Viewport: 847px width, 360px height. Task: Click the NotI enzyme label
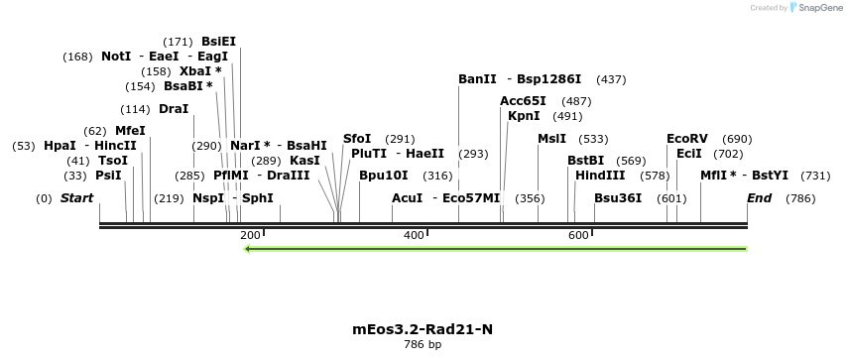pyautogui.click(x=116, y=57)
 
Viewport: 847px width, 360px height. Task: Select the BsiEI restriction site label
pyautogui.click(x=218, y=42)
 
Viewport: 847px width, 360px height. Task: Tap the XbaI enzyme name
pyautogui.click(x=195, y=71)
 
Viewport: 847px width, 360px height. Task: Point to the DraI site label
pyautogui.click(x=174, y=109)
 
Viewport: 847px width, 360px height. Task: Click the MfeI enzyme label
pyautogui.click(x=130, y=131)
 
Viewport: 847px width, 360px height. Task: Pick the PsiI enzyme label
pyautogui.click(x=108, y=176)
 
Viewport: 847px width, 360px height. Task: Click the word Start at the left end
pyautogui.click(x=76, y=198)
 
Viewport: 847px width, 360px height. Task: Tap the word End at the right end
pyautogui.click(x=759, y=198)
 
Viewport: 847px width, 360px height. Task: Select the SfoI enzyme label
pyautogui.click(x=357, y=139)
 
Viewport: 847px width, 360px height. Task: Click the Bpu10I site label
pyautogui.click(x=384, y=176)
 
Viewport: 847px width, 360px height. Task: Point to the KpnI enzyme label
pyautogui.click(x=524, y=116)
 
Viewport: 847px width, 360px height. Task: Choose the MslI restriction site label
pyautogui.click(x=551, y=139)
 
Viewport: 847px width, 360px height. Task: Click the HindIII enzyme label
pyautogui.click(x=600, y=176)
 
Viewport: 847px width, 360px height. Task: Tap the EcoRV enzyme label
pyautogui.click(x=687, y=139)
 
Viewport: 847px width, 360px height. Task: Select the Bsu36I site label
pyautogui.click(x=618, y=198)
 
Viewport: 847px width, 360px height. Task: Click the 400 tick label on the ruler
pyautogui.click(x=414, y=235)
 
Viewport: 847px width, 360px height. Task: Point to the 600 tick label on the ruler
pyautogui.click(x=578, y=235)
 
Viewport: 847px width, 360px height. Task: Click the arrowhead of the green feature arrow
pyautogui.click(x=249, y=248)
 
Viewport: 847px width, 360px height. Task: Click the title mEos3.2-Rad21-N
pyautogui.click(x=423, y=329)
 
